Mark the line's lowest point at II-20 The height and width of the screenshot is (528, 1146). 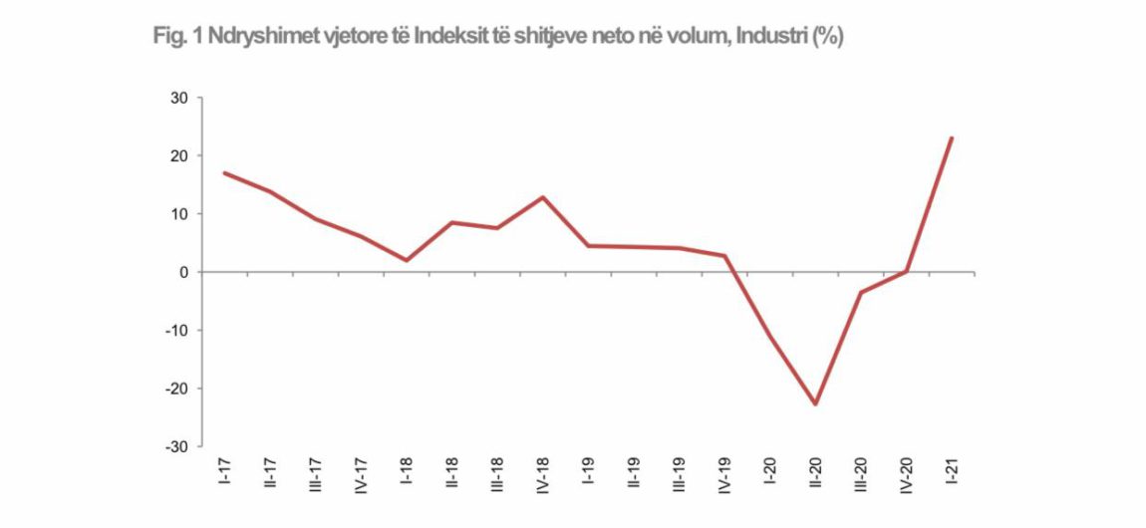pyautogui.click(x=815, y=404)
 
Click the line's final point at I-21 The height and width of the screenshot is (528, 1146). pyautogui.click(x=952, y=137)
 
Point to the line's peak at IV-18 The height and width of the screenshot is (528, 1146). pyautogui.click(x=543, y=196)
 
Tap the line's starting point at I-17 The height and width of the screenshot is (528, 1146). pyautogui.click(x=225, y=172)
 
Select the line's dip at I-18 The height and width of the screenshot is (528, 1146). pyautogui.click(x=407, y=260)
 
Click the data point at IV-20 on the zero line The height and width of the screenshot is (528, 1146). pyautogui.click(x=906, y=271)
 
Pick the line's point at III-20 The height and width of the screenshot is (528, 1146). pyautogui.click(x=860, y=293)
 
